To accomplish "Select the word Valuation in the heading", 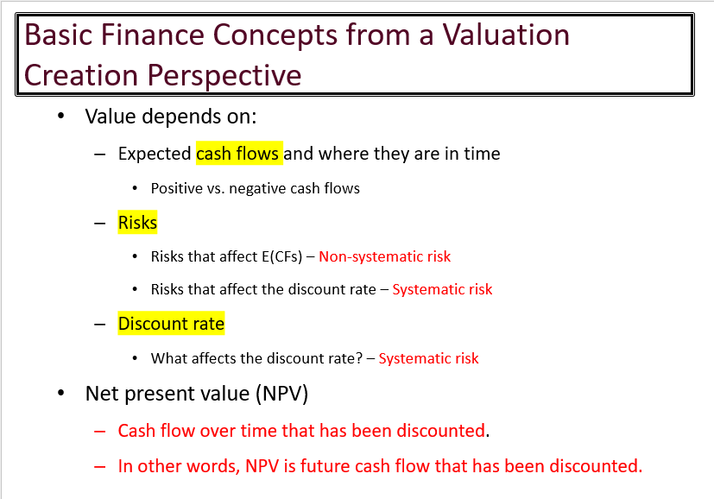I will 506,35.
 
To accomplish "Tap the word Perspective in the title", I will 224,75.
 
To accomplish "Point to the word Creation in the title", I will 82,75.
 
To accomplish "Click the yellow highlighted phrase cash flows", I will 238,154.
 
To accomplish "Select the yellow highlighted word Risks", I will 137,223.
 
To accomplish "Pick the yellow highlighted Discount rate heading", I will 171,325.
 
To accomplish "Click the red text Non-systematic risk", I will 384,256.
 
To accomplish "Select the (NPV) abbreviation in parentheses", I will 281,394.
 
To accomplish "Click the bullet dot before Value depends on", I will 60,117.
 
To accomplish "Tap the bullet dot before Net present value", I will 60,394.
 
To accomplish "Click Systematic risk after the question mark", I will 428,358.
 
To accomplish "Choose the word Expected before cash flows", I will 155,154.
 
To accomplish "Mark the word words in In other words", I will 217,466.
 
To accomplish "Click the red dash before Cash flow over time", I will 100,431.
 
